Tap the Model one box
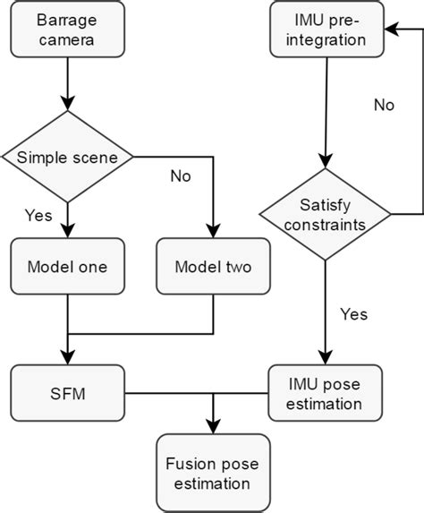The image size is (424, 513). [68, 267]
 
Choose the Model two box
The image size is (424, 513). [213, 267]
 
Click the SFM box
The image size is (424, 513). [68, 393]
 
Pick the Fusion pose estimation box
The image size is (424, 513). [213, 474]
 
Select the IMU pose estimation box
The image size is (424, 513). [326, 393]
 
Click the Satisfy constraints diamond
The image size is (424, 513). [326, 215]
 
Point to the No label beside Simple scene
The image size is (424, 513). [181, 176]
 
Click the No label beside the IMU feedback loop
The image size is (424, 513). [384, 105]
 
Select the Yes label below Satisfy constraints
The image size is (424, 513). [353, 313]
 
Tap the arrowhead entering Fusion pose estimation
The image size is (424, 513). [213, 427]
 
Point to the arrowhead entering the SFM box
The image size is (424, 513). [68, 359]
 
